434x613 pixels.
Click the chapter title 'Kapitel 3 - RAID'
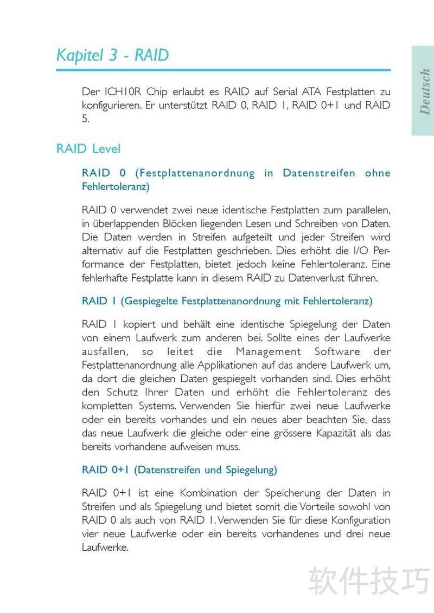113,55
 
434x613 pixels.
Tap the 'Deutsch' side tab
424,91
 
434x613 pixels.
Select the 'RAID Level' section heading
88,149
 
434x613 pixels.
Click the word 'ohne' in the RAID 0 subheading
378,173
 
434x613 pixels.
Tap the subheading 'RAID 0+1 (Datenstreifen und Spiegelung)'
179,469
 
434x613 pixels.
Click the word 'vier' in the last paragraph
90,534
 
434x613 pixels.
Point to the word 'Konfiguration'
355,520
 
